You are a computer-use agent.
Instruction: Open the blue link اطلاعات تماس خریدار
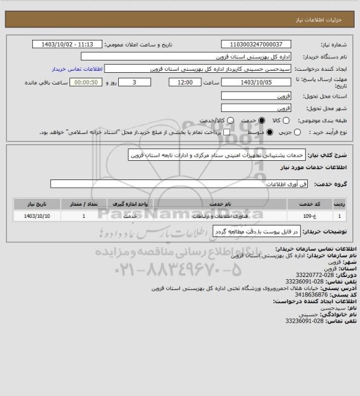point(78,69)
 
